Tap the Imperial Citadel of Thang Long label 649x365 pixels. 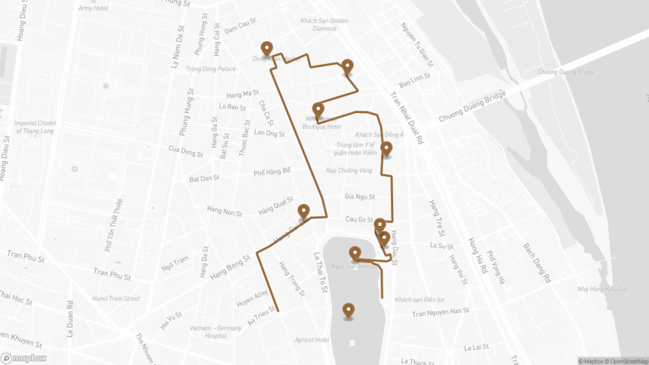click(x=35, y=127)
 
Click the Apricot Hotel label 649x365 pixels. click(x=311, y=340)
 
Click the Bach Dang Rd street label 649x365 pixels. click(x=536, y=263)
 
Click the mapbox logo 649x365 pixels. click(x=24, y=357)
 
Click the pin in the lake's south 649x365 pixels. click(x=349, y=310)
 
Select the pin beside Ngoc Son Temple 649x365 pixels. click(x=355, y=253)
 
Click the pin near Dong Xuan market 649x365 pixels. click(x=266, y=48)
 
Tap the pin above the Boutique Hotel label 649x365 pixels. click(x=318, y=110)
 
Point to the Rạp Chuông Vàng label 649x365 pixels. click(x=343, y=170)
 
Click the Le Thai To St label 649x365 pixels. click(x=321, y=273)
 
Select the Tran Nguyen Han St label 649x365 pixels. click(x=438, y=311)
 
